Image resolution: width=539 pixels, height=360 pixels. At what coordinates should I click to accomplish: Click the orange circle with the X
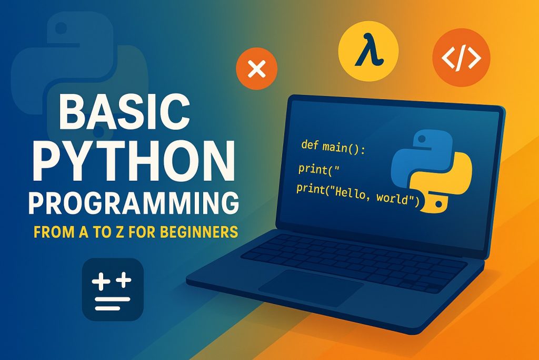tap(256, 69)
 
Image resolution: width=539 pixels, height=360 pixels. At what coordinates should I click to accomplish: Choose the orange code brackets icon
tap(461, 57)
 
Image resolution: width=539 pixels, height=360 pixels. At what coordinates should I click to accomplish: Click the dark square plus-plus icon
tap(113, 289)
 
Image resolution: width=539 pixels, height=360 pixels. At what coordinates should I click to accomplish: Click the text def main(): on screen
tap(333, 147)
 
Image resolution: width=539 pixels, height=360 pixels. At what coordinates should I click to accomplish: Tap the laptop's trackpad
tap(311, 287)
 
